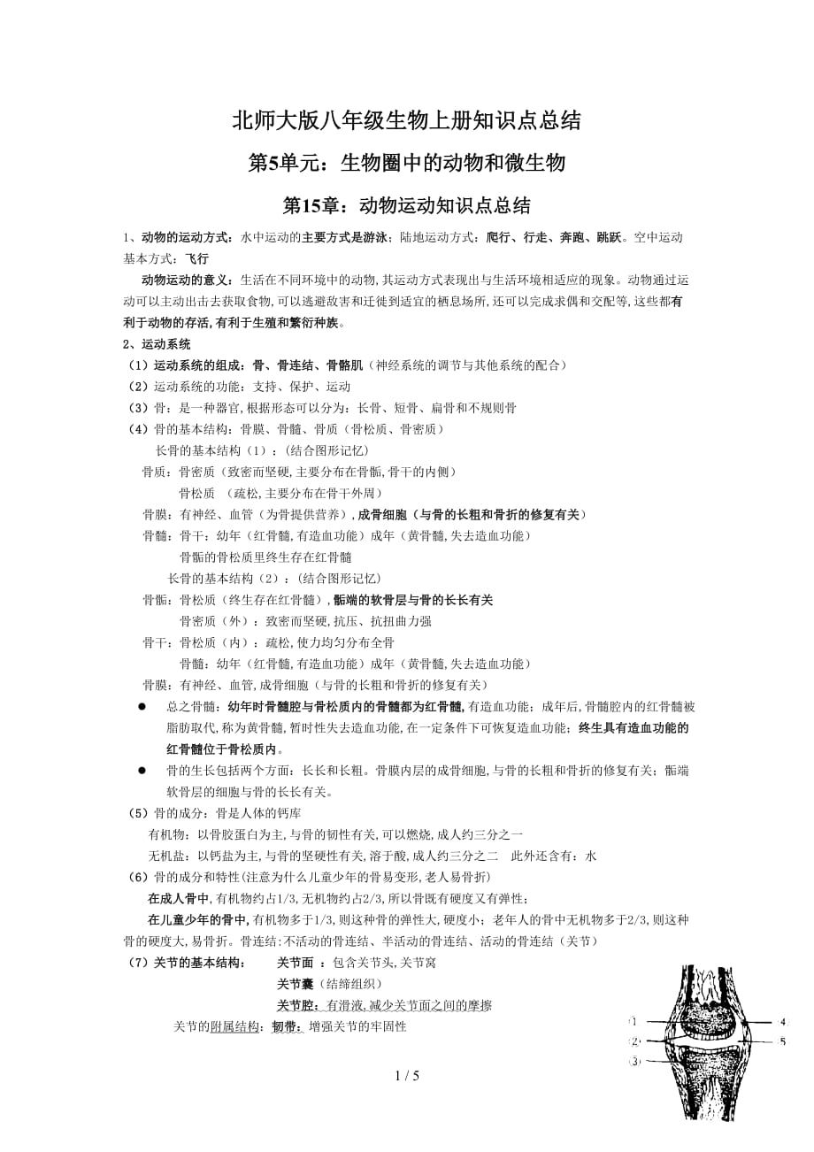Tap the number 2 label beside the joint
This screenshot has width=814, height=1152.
pyautogui.click(x=634, y=1041)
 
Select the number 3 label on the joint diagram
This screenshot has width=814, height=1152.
pyautogui.click(x=634, y=1062)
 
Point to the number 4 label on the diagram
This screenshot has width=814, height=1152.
pyautogui.click(x=782, y=1021)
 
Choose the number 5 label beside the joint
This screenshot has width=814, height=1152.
pyautogui.click(x=782, y=1041)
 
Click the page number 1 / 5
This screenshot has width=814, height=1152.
pyautogui.click(x=406, y=1076)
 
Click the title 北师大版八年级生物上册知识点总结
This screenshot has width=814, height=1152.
pyautogui.click(x=406, y=121)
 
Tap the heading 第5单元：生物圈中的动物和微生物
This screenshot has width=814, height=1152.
pyautogui.click(x=406, y=164)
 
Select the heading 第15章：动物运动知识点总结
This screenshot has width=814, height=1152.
pyautogui.click(x=406, y=206)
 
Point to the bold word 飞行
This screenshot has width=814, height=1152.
pyautogui.click(x=197, y=258)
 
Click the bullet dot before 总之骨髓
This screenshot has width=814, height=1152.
pyautogui.click(x=142, y=707)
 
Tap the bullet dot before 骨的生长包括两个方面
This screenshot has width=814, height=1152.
pyautogui.click(x=142, y=771)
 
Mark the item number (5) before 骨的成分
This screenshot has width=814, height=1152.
pyautogui.click(x=138, y=813)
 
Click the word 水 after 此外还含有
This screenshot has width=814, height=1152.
pyautogui.click(x=591, y=856)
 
